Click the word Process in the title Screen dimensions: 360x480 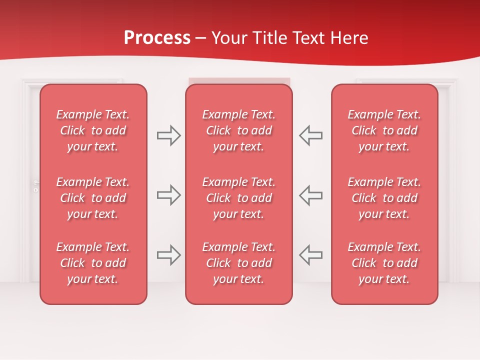[x=157, y=38]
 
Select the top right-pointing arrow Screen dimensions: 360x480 [x=169, y=135]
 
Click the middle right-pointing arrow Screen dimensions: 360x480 [x=169, y=195]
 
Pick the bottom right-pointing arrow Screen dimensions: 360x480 [x=169, y=255]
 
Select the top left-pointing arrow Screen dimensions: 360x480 [x=310, y=135]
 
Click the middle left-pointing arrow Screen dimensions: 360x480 [x=310, y=195]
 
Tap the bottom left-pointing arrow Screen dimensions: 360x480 [x=310, y=255]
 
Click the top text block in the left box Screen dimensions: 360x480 [x=93, y=130]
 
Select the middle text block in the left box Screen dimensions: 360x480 [x=93, y=198]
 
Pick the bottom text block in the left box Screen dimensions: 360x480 [x=93, y=263]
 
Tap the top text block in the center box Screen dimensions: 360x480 [x=239, y=130]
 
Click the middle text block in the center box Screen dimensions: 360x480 [x=239, y=198]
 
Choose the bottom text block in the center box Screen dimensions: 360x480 [x=239, y=263]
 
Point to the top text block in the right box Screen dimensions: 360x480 [x=384, y=130]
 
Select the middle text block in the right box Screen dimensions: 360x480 [x=384, y=198]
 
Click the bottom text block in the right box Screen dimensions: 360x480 [x=384, y=263]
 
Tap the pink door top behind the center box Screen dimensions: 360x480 [x=239, y=80]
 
